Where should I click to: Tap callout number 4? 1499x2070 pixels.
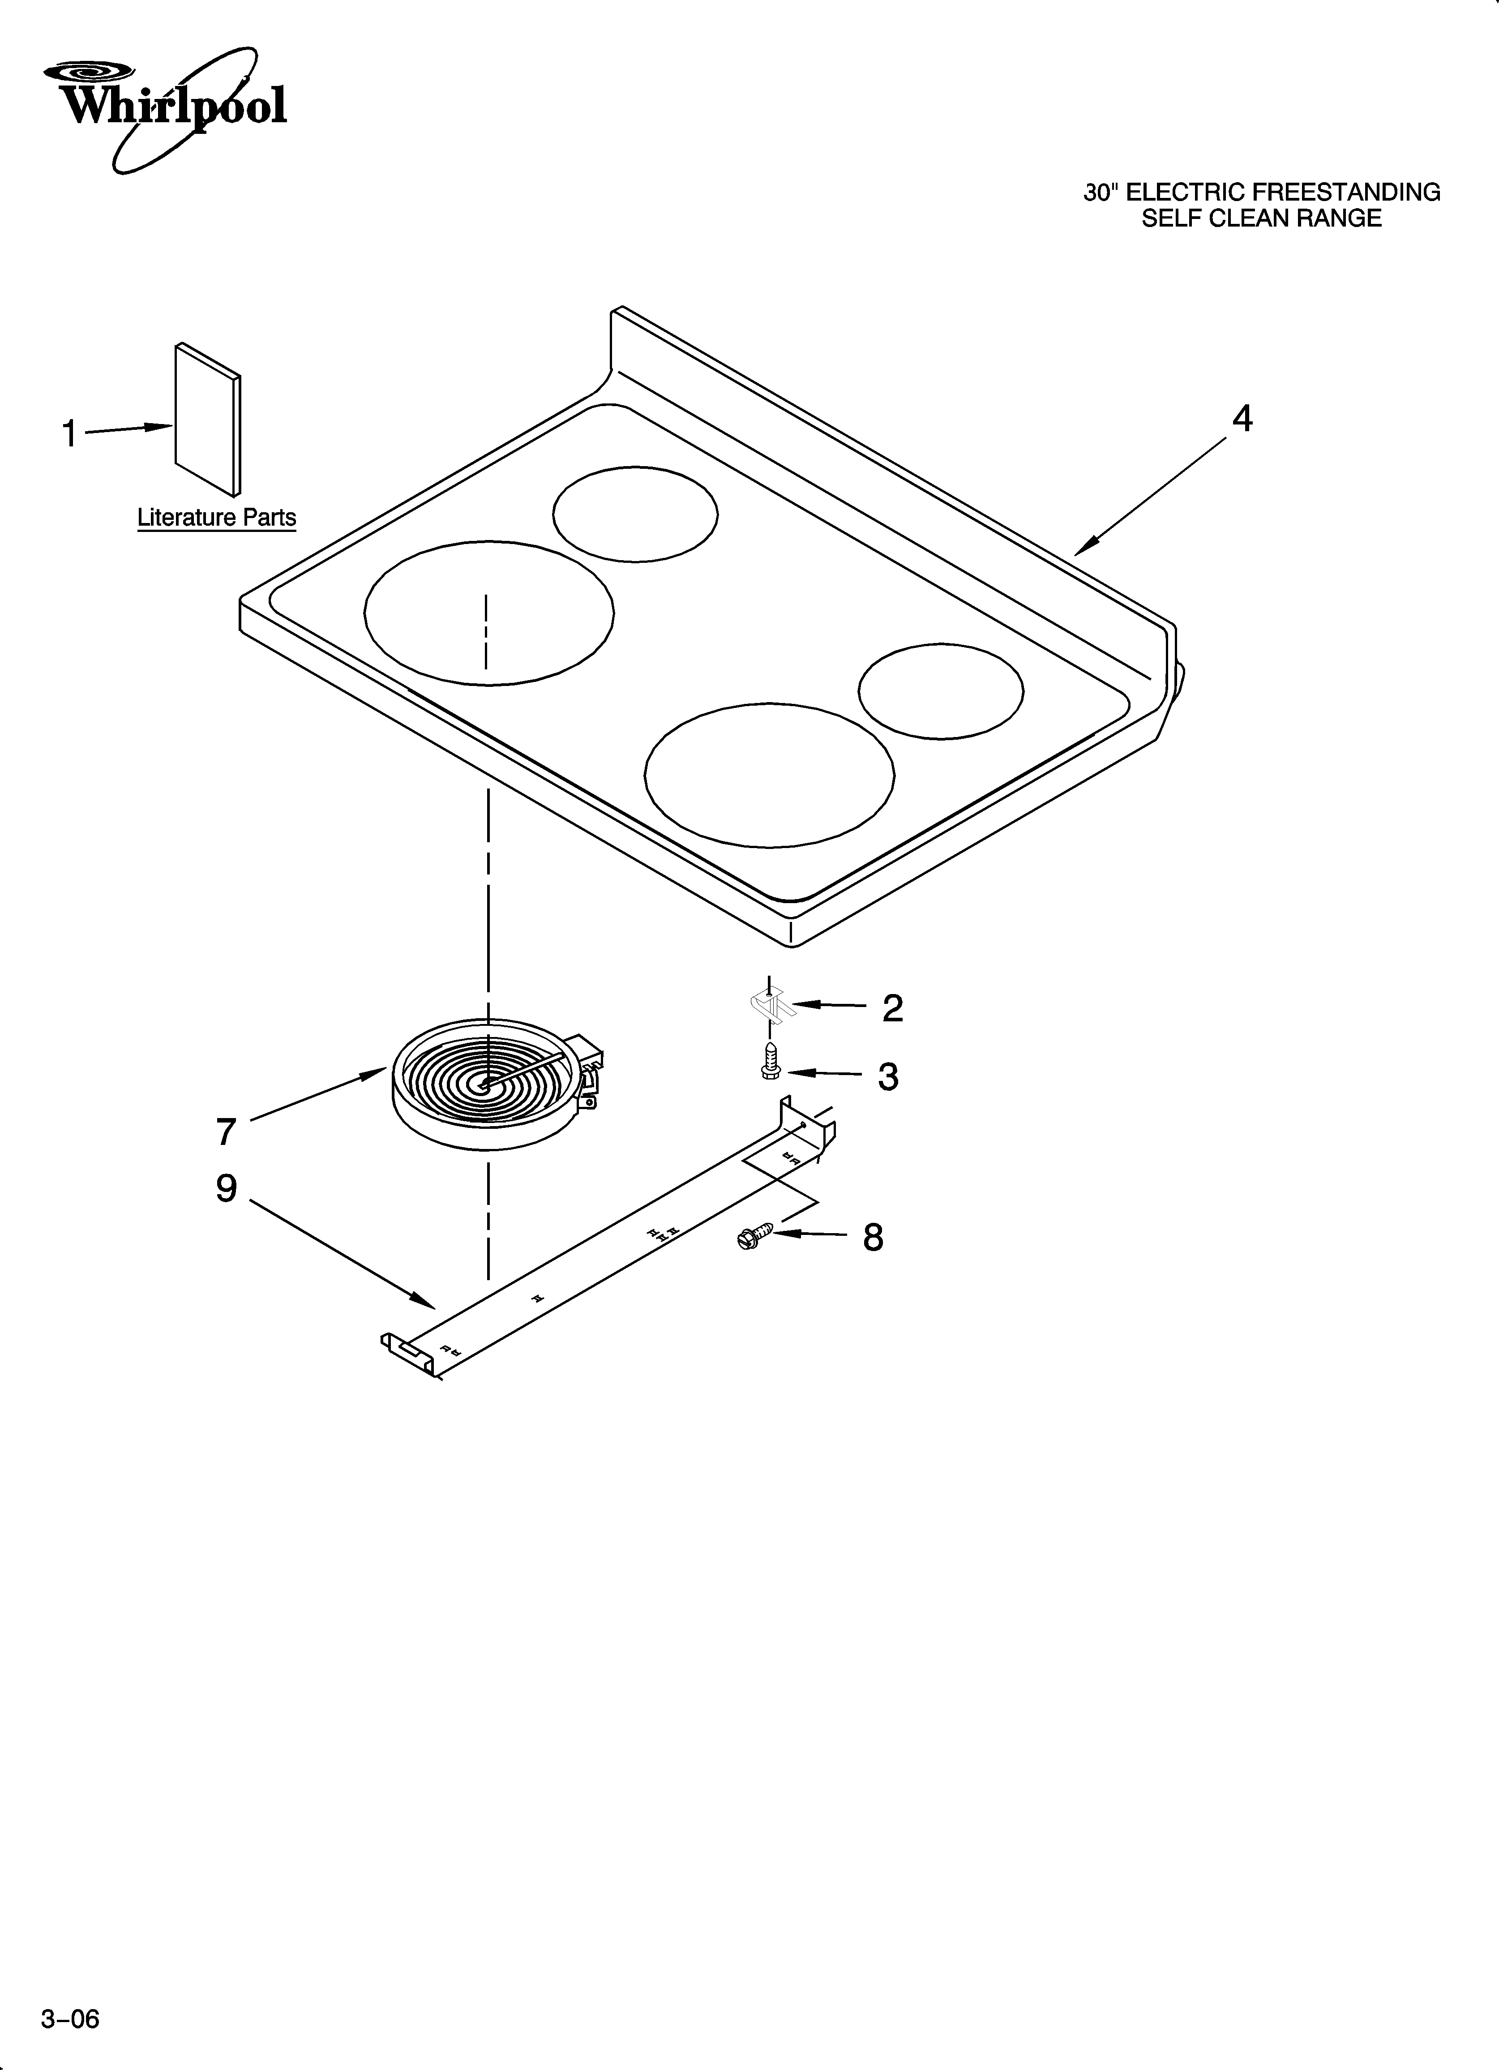1242,419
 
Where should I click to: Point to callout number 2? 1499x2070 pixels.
892,1007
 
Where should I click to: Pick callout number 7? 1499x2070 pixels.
227,1132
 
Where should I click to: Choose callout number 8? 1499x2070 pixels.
873,1238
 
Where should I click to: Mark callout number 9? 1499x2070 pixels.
227,1188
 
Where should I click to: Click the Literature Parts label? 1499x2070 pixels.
216,518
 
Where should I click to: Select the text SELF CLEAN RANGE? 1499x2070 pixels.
1262,219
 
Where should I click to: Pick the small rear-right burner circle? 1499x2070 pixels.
940,691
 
